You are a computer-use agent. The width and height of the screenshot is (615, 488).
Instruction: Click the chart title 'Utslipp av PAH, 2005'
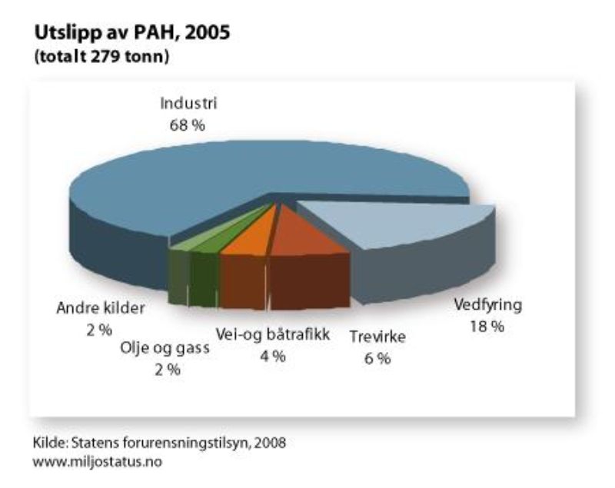point(132,32)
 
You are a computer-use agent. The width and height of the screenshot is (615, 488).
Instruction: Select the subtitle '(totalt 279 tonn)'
point(102,57)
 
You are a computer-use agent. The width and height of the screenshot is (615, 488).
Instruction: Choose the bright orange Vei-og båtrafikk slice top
point(251,235)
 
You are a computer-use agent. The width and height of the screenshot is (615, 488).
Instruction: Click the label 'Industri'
point(188,104)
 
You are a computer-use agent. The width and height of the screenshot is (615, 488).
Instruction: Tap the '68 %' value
point(187,125)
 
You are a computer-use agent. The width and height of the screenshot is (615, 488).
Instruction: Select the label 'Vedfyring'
point(488,305)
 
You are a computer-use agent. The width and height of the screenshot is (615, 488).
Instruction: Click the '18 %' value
point(487,326)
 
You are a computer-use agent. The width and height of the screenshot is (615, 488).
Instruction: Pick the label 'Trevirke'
point(377,337)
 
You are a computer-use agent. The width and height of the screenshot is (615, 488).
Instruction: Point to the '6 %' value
point(377,359)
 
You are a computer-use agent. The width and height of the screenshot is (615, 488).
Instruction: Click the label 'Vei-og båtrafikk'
point(273,335)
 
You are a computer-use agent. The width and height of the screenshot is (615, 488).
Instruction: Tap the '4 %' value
point(273,357)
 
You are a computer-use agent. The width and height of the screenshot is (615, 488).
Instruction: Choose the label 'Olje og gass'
point(165,348)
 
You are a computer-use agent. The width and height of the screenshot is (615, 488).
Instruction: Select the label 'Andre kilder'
point(101,308)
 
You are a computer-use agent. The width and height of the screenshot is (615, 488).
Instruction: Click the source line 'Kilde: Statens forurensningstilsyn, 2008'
point(159,443)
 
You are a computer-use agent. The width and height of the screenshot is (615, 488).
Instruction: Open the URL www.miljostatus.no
point(98,462)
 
